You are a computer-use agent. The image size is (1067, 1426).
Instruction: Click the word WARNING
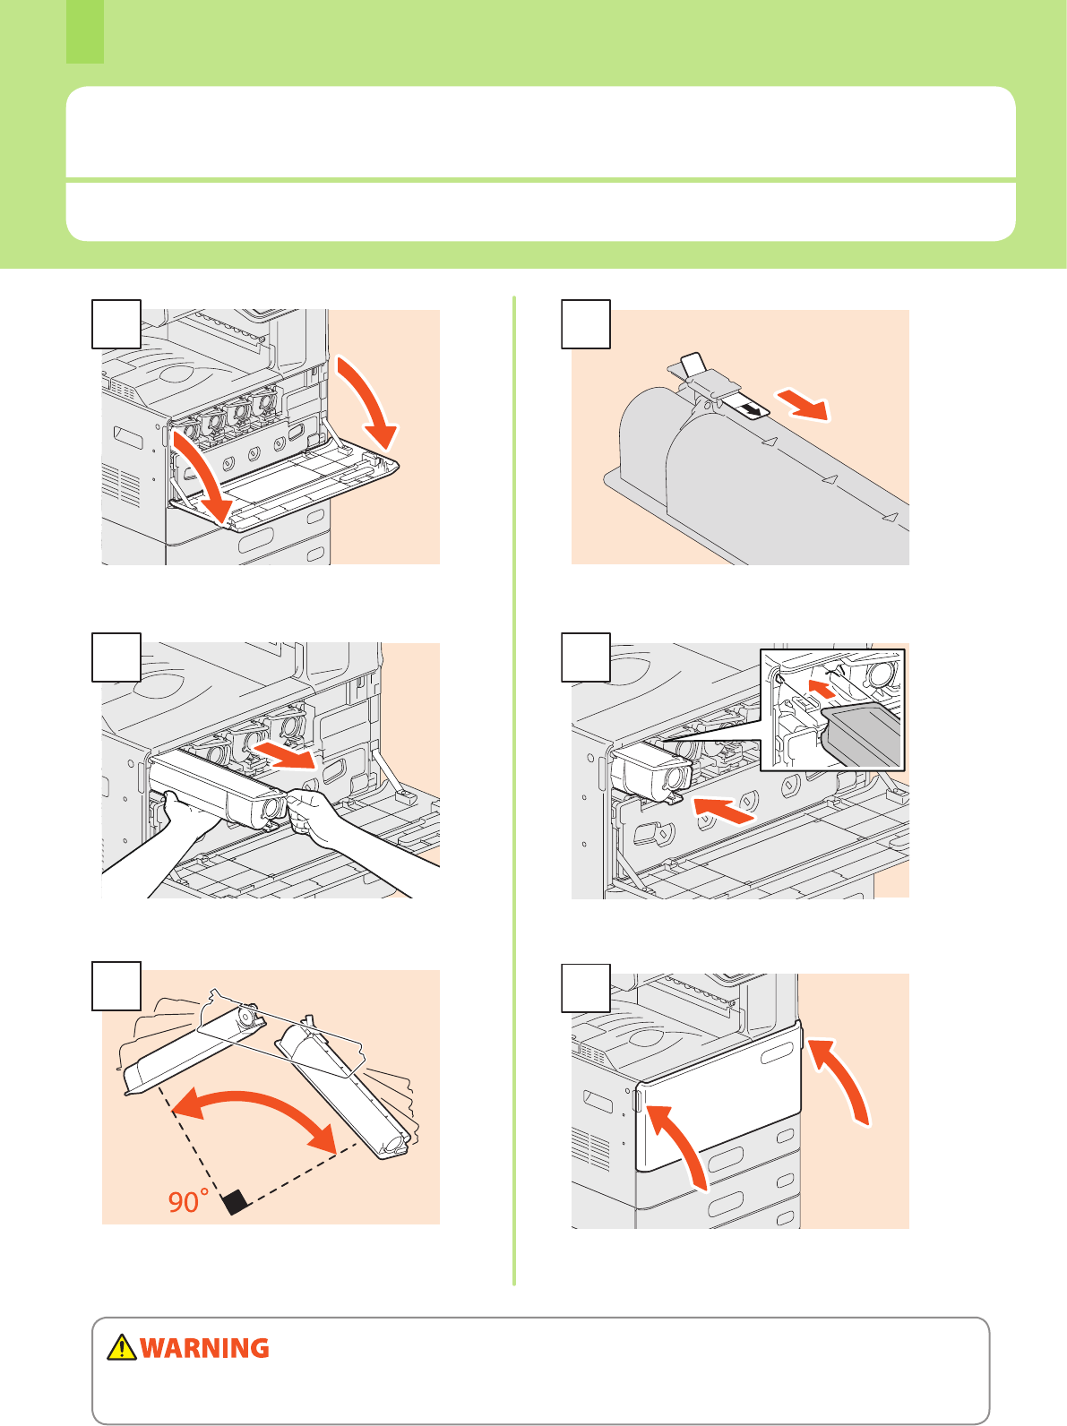(x=204, y=1348)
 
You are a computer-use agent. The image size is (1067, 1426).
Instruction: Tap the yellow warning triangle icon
(x=122, y=1347)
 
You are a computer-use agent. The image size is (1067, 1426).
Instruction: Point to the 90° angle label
(x=188, y=1200)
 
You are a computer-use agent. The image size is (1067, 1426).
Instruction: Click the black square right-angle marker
(x=236, y=1203)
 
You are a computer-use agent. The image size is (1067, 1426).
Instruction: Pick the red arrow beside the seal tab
(x=804, y=405)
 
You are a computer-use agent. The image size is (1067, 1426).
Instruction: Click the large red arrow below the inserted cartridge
(x=724, y=810)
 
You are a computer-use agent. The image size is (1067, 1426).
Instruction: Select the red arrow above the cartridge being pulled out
(x=284, y=756)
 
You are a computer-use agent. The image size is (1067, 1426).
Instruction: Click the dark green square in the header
(x=85, y=32)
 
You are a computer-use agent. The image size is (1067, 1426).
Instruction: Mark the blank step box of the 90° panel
(x=116, y=986)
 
